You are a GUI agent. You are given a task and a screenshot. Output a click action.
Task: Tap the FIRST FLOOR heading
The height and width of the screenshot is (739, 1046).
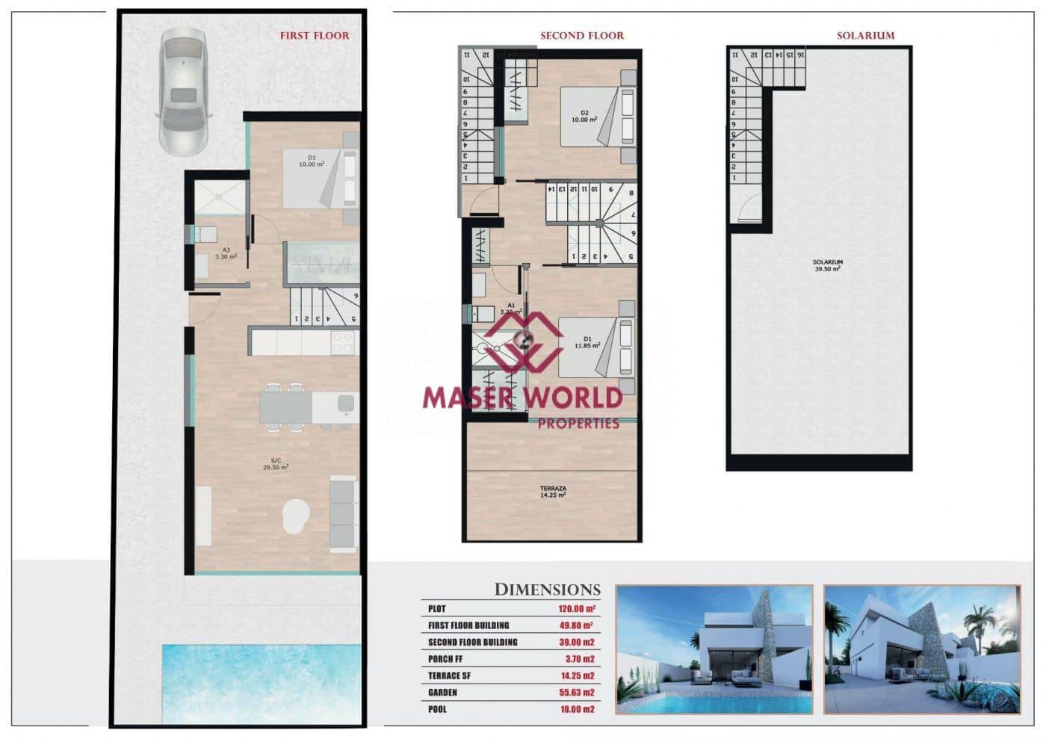pyautogui.click(x=314, y=35)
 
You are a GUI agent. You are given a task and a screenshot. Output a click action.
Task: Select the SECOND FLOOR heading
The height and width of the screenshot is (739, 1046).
pyautogui.click(x=581, y=35)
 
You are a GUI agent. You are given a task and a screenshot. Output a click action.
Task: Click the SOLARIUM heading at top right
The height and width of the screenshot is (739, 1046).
pyautogui.click(x=865, y=35)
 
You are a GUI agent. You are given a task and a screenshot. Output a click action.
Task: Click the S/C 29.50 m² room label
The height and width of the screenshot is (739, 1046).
pyautogui.click(x=276, y=464)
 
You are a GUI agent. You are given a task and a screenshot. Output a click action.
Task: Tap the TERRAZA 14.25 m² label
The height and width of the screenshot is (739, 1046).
pyautogui.click(x=553, y=492)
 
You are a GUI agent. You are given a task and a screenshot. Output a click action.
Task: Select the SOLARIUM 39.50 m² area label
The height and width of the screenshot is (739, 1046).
pyautogui.click(x=828, y=265)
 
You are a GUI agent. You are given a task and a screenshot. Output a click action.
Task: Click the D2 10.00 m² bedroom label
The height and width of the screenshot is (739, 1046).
pyautogui.click(x=584, y=116)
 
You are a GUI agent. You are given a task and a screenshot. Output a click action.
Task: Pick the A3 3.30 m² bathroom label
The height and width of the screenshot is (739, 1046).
pyautogui.click(x=226, y=253)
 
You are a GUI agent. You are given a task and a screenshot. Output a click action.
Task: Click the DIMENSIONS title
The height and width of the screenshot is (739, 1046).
pyautogui.click(x=547, y=590)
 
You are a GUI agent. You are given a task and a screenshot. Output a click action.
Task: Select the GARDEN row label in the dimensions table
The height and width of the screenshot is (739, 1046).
pyautogui.click(x=442, y=693)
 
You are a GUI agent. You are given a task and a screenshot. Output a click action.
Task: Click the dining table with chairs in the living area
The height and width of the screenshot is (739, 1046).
pyautogui.click(x=285, y=406)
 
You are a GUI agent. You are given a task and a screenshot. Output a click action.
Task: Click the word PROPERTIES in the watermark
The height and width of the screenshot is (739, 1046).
pyautogui.click(x=579, y=424)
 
